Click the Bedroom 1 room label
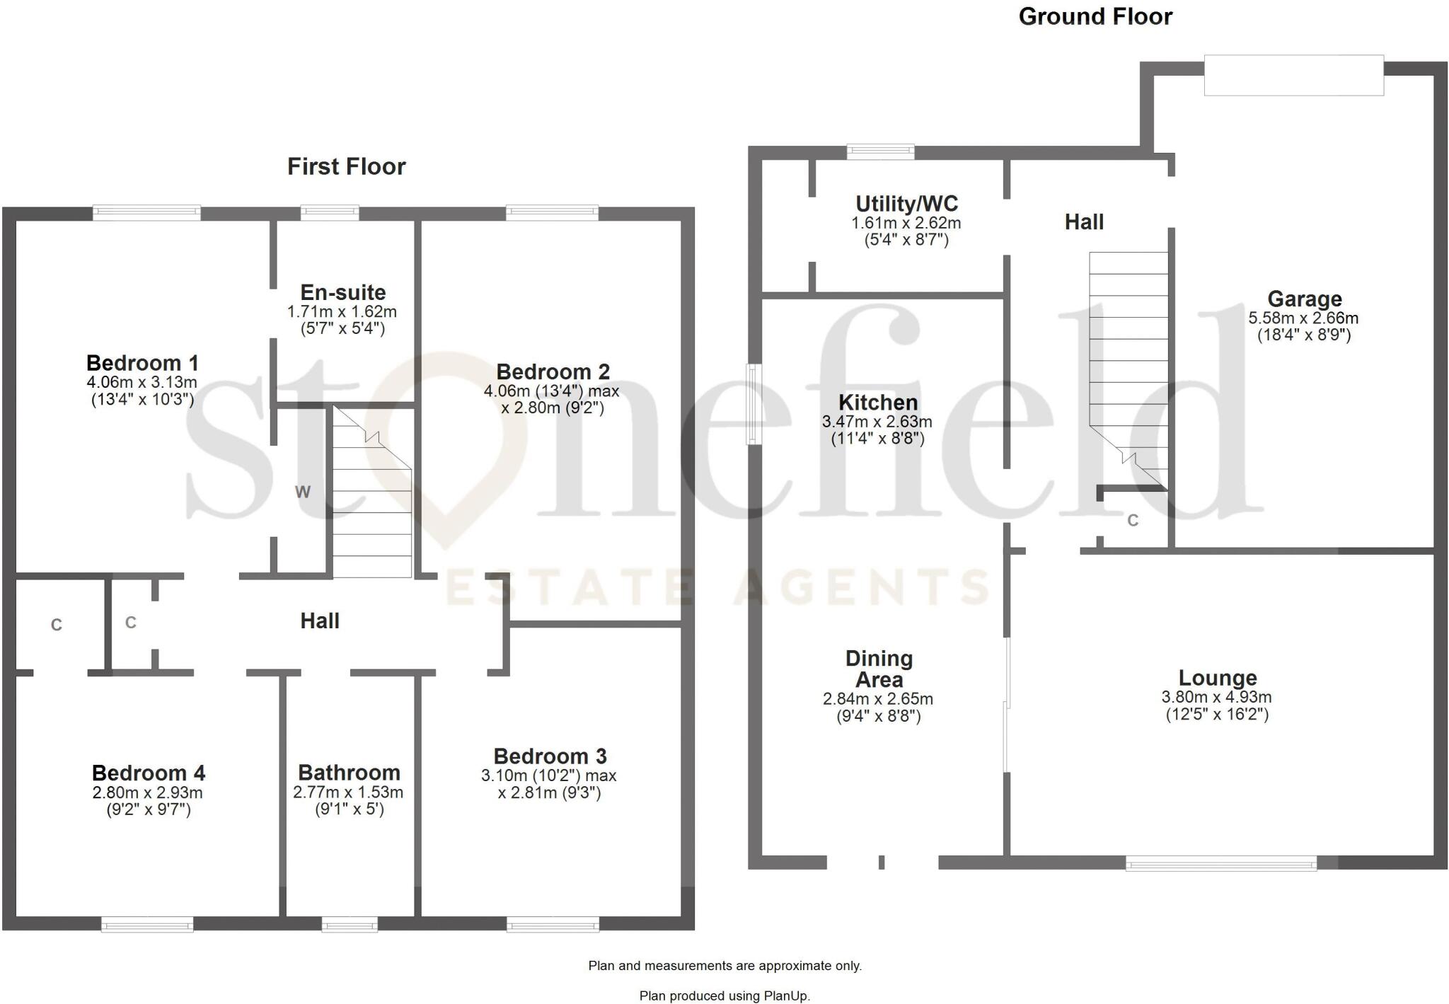[x=142, y=364]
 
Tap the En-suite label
[x=343, y=292]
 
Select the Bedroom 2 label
[x=553, y=372]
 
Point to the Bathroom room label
[x=349, y=773]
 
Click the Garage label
[x=1304, y=299]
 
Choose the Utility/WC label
[x=906, y=204]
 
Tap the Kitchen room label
[x=878, y=403]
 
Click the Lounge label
[x=1217, y=679]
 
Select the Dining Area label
[x=879, y=669]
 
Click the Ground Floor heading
[x=1095, y=17]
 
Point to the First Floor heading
[x=346, y=167]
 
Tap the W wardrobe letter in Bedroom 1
[x=303, y=492]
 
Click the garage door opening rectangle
[x=1293, y=75]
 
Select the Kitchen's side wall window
[x=755, y=404]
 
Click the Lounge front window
[x=1220, y=863]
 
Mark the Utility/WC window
[x=880, y=151]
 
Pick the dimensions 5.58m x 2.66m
[x=1303, y=318]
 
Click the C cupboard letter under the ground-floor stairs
[x=1133, y=521]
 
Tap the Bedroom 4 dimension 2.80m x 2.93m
[x=148, y=793]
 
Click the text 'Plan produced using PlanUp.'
[x=724, y=996]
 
